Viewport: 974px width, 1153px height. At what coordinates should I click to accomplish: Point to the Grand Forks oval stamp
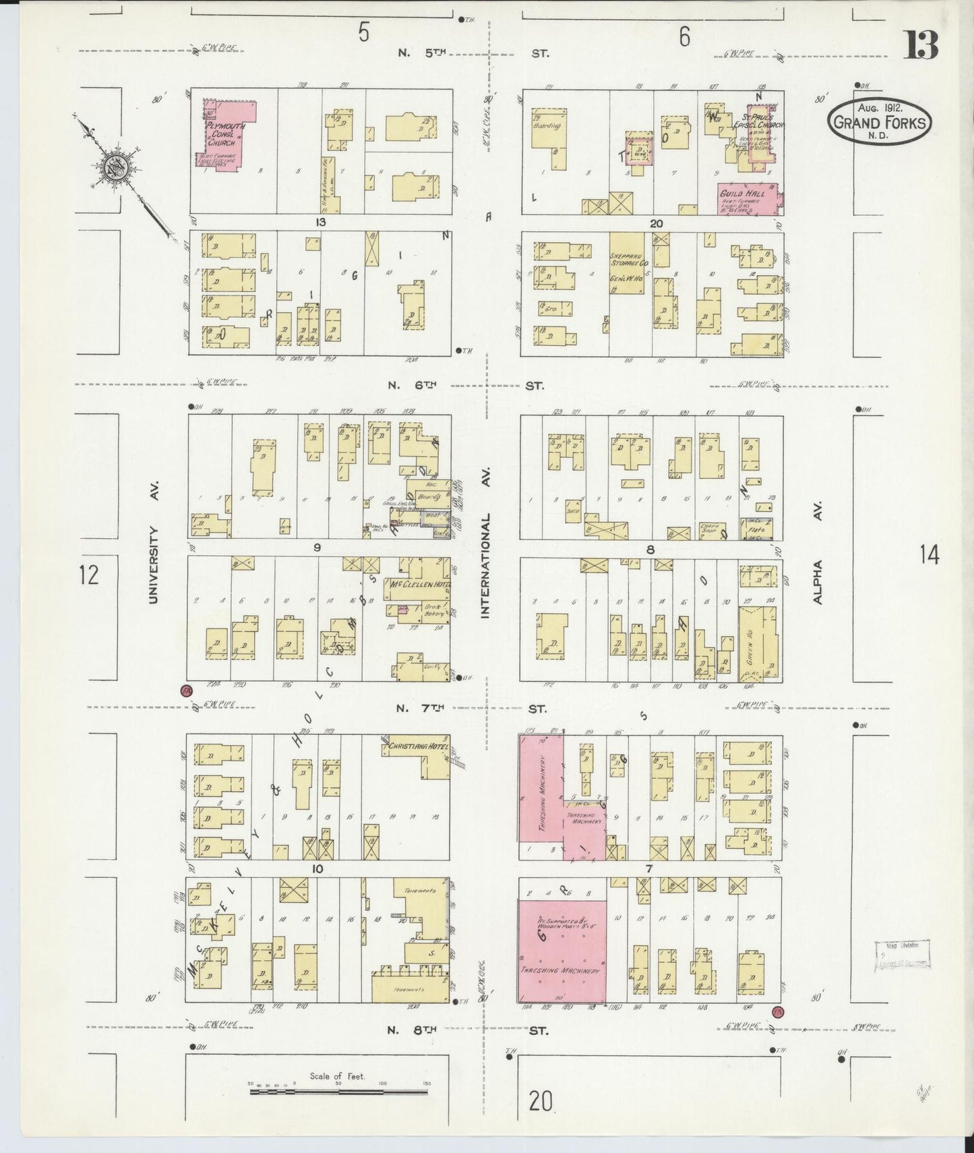click(880, 121)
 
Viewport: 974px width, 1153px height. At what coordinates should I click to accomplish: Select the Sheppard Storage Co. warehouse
click(627, 263)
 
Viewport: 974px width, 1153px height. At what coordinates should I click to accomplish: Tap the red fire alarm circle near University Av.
click(187, 690)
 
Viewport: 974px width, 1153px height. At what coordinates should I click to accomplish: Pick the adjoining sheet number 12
click(88, 574)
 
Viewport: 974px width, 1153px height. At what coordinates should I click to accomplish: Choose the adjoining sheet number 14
click(928, 555)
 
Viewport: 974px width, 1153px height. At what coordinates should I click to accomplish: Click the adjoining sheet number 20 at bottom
click(541, 1101)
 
